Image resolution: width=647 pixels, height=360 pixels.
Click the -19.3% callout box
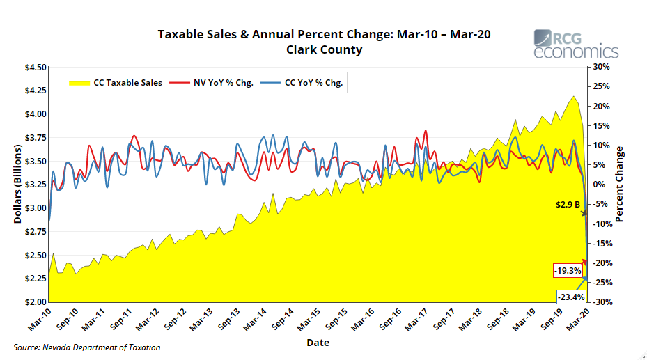point(568,270)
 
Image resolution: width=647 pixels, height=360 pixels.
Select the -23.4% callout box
point(571,297)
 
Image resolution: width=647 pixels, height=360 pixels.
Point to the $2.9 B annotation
point(568,204)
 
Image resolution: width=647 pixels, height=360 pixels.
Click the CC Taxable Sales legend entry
point(116,82)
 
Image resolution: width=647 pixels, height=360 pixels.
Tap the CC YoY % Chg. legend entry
point(303,82)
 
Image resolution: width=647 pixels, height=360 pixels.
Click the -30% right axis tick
point(600,302)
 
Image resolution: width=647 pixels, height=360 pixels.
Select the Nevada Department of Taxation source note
point(87,347)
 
